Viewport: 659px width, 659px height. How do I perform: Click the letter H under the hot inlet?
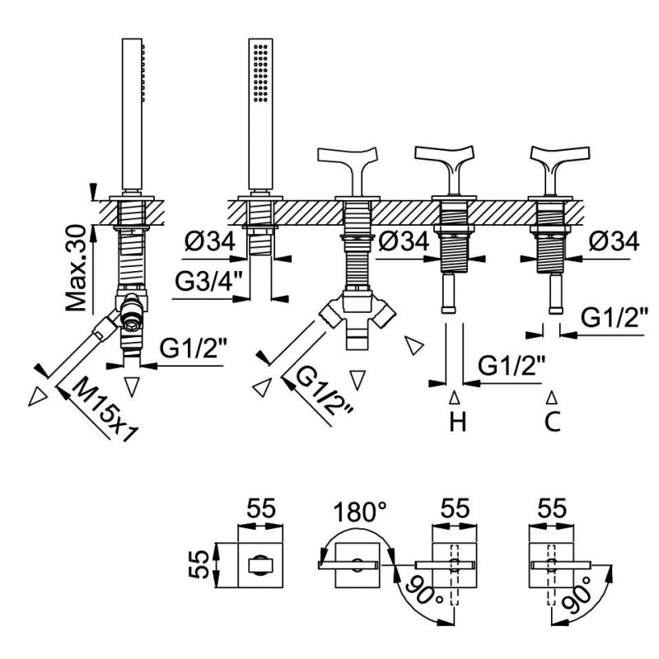pos(458,423)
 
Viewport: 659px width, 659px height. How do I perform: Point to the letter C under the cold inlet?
pos(554,423)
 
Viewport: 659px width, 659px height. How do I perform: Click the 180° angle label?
pos(361,513)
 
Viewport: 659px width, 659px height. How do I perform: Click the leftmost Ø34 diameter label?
pos(209,241)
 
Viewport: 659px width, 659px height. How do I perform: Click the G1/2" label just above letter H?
pos(511,363)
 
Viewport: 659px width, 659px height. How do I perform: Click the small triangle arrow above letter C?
pos(554,398)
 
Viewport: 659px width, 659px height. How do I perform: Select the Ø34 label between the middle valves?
pos(405,241)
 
